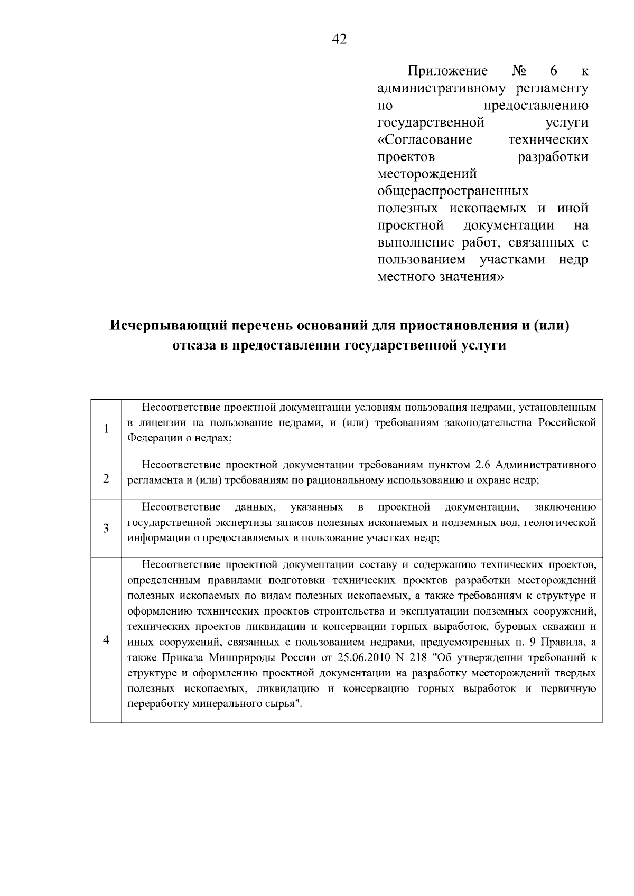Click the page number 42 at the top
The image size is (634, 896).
pyautogui.click(x=339, y=39)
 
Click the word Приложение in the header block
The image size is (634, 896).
pyautogui.click(x=447, y=71)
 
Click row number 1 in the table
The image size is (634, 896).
pyautogui.click(x=106, y=428)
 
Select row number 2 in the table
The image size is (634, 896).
pyautogui.click(x=106, y=478)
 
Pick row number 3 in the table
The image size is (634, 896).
pyautogui.click(x=106, y=528)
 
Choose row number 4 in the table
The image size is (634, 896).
pyautogui.click(x=106, y=640)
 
